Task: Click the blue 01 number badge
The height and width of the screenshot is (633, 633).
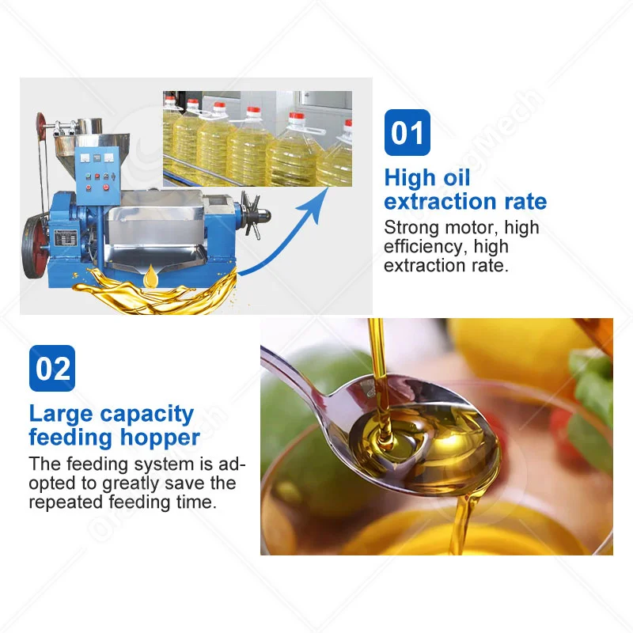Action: [407, 132]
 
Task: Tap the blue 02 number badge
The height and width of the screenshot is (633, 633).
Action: [52, 368]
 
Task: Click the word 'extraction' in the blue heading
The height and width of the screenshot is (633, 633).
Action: [440, 201]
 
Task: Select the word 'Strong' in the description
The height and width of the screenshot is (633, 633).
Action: [411, 228]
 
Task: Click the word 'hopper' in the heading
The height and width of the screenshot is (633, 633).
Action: [160, 438]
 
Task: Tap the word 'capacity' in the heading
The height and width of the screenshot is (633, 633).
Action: [147, 415]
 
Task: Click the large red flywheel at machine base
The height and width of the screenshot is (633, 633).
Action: [35, 246]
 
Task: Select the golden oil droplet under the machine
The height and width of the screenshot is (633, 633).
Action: [151, 276]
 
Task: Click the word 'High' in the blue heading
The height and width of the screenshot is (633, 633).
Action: [410, 178]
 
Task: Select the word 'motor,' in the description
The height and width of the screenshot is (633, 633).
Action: [472, 228]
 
